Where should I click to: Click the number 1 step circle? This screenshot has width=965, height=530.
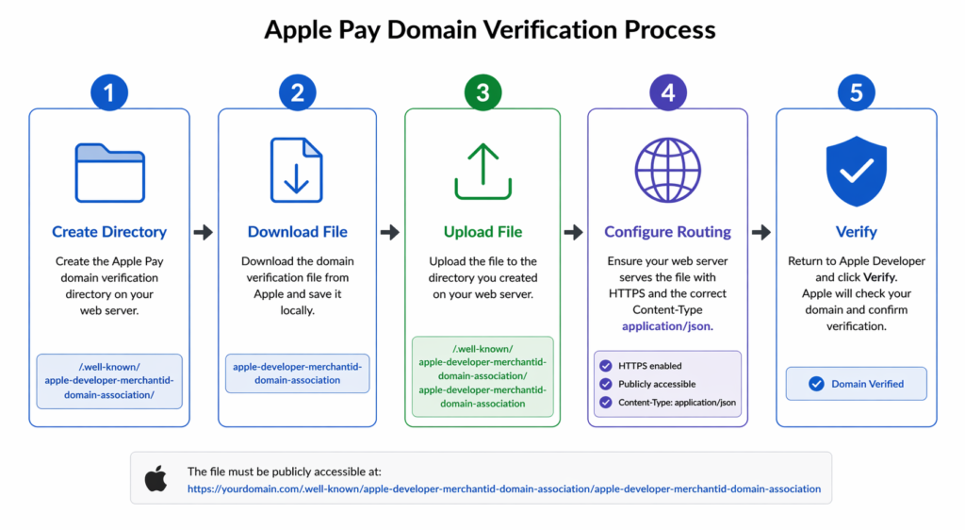click(109, 92)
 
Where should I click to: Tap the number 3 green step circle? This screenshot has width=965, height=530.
click(482, 92)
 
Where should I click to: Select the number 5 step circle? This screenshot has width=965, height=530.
click(856, 92)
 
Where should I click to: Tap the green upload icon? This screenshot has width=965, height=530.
click(482, 171)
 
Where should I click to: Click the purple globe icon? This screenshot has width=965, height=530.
click(667, 171)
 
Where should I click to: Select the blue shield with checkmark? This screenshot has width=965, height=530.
click(856, 171)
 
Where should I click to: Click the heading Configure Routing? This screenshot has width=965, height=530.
click(667, 232)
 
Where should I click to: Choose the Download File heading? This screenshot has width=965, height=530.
click(297, 232)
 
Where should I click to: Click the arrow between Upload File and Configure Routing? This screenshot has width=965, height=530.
click(573, 232)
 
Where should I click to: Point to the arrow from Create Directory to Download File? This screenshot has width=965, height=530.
click(203, 232)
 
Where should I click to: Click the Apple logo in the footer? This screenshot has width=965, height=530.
click(155, 478)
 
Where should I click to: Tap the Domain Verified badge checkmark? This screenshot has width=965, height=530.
click(815, 384)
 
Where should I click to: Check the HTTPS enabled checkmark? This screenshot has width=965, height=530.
click(605, 366)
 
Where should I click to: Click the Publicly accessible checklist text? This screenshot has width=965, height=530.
click(657, 384)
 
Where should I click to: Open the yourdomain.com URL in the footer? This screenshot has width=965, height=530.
click(504, 489)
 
